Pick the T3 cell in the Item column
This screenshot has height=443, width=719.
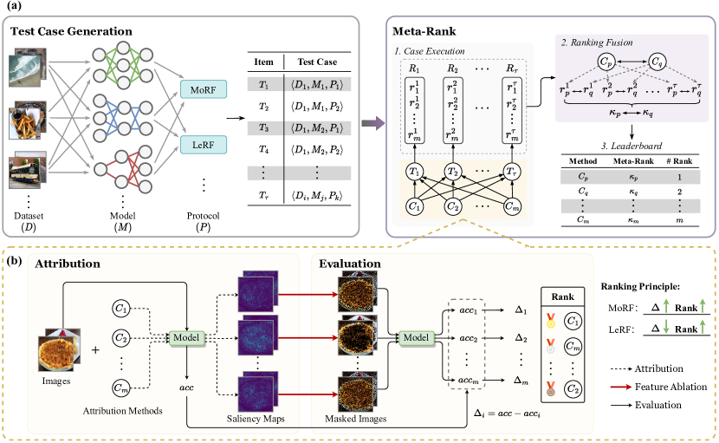click(261, 127)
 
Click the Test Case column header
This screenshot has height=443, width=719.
click(317, 63)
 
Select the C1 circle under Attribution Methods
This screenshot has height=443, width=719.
click(124, 308)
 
